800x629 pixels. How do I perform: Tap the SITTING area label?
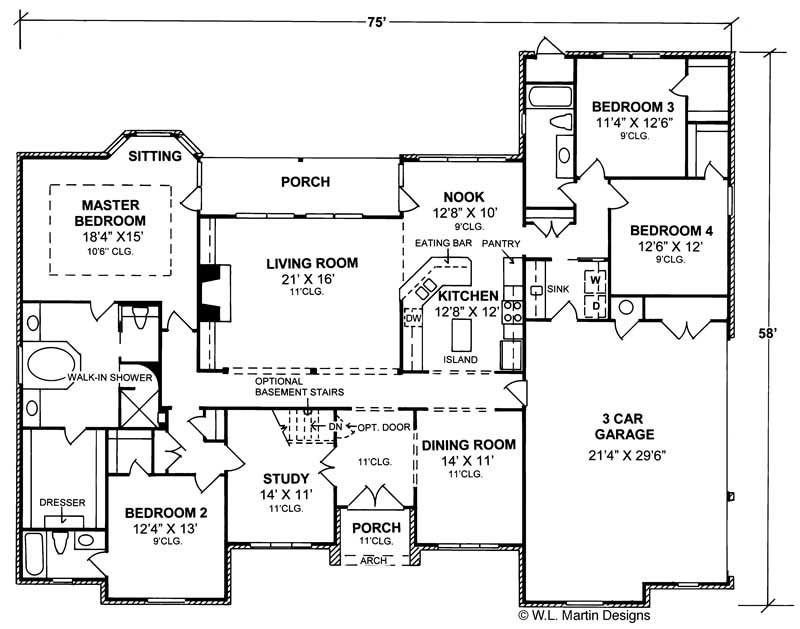point(155,156)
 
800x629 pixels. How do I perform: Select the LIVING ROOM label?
point(312,263)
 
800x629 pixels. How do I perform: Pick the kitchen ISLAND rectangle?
point(462,330)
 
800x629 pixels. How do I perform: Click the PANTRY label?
point(499,243)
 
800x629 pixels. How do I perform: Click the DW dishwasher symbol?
point(412,319)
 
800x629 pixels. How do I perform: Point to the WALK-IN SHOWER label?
point(110,378)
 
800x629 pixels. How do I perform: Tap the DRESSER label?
point(63,503)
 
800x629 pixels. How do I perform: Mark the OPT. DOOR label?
point(383,426)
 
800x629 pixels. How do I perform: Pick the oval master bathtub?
point(52,364)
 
